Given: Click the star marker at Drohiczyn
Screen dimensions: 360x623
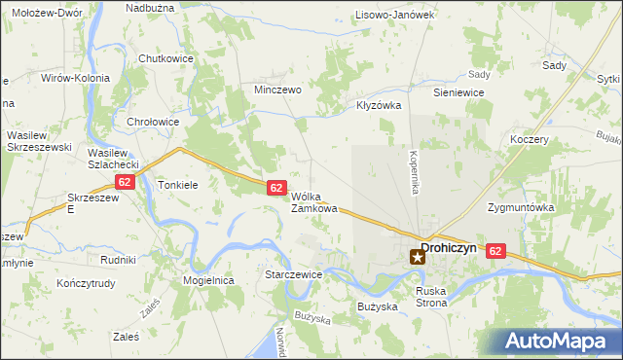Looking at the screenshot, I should tap(418, 257).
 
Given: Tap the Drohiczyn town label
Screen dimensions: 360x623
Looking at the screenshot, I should tap(449, 247).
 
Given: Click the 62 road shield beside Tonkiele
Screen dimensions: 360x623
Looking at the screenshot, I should tap(124, 182).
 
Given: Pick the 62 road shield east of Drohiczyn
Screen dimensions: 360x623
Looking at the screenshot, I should tap(496, 251).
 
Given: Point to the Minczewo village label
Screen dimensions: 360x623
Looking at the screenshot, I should tap(277, 88).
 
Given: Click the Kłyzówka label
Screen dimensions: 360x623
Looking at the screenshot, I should tap(379, 105).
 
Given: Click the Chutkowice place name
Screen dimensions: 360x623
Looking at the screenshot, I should tap(165, 58).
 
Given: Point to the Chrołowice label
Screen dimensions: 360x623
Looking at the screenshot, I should tap(153, 122).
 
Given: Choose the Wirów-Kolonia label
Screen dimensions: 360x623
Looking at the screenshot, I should tap(74, 78).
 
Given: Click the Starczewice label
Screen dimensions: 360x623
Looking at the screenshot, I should tap(293, 275).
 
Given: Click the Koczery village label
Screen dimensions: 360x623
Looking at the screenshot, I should tap(530, 139).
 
